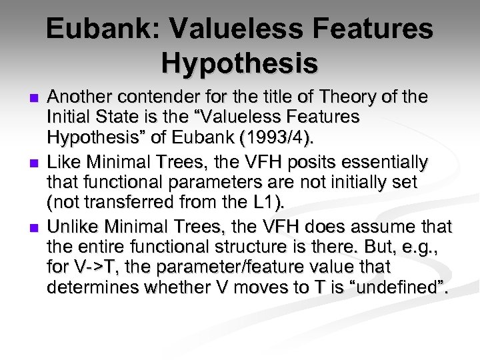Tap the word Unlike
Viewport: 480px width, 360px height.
[x=71, y=226]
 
